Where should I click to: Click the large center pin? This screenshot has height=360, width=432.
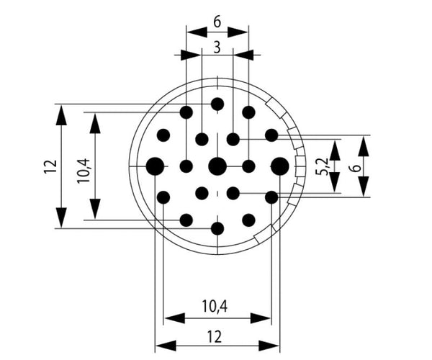217,166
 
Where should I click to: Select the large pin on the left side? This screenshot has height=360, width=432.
155,166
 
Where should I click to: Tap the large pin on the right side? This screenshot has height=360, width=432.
280,166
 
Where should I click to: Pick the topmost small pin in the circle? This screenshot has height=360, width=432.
217,104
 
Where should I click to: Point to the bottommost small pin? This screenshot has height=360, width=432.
217,228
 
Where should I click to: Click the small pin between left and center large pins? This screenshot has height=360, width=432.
186,166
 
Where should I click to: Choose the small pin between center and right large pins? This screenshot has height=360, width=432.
248,166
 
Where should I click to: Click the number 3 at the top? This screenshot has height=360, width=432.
217,48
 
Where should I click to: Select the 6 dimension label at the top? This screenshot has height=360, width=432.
217,22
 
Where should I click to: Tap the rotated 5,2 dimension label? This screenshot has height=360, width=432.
325,166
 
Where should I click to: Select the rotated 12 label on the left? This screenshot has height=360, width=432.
49,166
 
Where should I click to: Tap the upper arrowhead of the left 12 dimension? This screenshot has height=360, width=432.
61,114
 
